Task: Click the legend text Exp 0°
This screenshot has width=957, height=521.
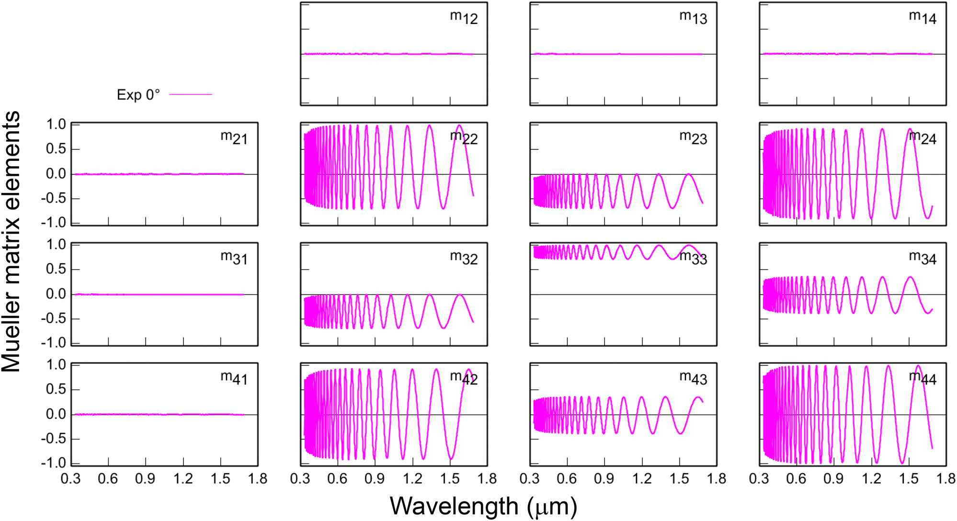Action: point(138,95)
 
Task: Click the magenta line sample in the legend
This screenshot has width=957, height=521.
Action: point(191,94)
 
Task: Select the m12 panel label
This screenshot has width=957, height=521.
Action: point(464,17)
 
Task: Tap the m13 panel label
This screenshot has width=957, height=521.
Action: point(693,17)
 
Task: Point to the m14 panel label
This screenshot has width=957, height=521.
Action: point(923,17)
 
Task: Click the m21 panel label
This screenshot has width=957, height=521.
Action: point(234,137)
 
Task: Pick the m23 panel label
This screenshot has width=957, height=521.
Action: point(693,137)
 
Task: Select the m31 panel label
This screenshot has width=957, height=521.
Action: point(234,258)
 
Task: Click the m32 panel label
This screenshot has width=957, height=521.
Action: point(464,258)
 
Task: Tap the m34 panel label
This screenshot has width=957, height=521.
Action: point(923,258)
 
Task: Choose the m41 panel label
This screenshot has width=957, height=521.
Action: point(234,378)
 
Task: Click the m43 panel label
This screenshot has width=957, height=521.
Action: point(693,378)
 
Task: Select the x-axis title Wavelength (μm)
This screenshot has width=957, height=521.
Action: point(483,506)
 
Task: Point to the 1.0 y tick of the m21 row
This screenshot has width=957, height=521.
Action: point(56,125)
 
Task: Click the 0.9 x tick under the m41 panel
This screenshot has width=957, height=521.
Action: point(145,479)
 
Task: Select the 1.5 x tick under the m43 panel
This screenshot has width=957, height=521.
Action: point(679,479)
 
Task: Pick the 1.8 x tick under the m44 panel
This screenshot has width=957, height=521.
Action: point(946,479)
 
